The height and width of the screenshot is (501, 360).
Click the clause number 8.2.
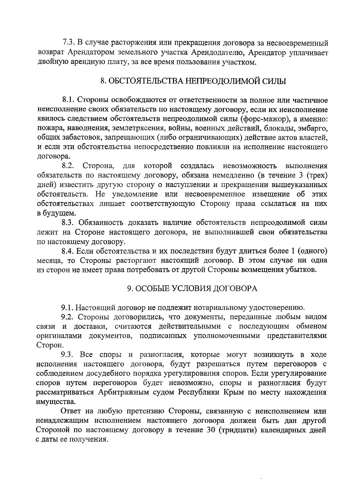click(x=68, y=166)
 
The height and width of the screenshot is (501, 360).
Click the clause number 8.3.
click(x=68, y=223)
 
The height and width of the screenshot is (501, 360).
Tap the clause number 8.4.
click(x=68, y=251)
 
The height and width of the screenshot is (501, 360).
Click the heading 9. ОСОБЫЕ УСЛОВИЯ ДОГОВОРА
click(x=192, y=288)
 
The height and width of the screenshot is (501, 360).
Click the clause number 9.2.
click(x=68, y=317)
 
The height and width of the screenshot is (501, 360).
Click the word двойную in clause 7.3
click(x=50, y=62)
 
